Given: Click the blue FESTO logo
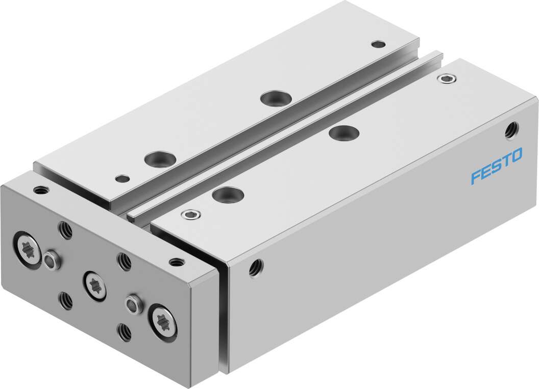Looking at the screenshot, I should click(x=496, y=166).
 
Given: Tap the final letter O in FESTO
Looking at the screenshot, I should click(x=517, y=156).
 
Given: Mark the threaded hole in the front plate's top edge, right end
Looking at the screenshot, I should click(x=177, y=262).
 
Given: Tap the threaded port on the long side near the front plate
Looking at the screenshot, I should click(x=255, y=267).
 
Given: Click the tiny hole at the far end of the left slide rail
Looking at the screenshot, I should click(x=378, y=44).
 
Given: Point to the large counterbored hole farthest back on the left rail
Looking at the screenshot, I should click(x=270, y=98).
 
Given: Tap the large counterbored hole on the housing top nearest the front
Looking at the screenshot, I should click(x=226, y=194).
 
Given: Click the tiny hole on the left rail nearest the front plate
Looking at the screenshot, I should click(x=121, y=179).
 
